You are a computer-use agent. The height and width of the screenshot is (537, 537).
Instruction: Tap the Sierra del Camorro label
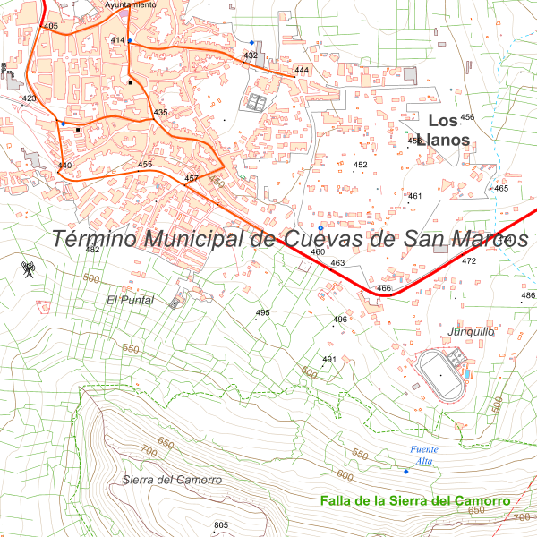[173, 481]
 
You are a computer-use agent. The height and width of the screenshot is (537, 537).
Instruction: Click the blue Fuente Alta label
[421, 455]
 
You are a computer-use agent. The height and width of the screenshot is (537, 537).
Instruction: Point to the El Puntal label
[131, 300]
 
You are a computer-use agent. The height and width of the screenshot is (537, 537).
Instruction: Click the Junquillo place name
[472, 332]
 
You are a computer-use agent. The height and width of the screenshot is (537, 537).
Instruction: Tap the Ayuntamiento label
[131, 4]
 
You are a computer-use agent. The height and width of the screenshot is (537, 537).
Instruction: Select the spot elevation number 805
[222, 524]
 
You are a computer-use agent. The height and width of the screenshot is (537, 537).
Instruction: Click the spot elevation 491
[328, 360]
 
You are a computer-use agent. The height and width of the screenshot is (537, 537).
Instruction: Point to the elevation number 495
[263, 312]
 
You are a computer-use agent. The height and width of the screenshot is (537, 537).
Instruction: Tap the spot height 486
[528, 295]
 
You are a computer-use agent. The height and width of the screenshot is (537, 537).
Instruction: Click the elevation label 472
[469, 261]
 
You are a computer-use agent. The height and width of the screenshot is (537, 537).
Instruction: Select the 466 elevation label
[385, 288]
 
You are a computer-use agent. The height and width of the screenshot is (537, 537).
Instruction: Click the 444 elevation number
[302, 70]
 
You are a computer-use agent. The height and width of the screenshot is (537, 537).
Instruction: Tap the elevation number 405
[51, 27]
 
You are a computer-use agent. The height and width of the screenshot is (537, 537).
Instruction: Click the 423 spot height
[30, 98]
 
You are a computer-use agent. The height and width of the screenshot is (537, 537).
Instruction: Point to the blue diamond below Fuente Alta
[405, 472]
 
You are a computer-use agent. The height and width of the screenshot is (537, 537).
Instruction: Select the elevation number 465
[501, 188]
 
